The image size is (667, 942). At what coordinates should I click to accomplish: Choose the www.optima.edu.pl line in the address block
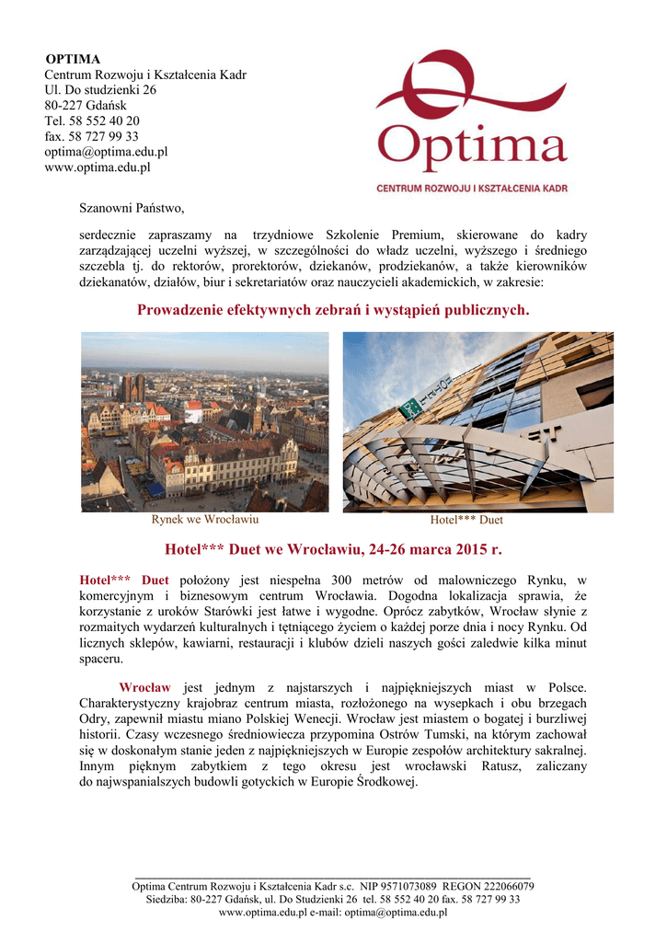[98, 167]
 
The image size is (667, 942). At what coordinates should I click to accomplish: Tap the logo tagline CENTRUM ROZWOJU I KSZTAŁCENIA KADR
[471, 188]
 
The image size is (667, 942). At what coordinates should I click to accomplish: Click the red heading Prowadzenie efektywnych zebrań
[333, 311]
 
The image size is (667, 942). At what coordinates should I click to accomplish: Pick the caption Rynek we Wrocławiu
[204, 520]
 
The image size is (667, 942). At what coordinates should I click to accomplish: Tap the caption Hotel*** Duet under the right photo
[466, 520]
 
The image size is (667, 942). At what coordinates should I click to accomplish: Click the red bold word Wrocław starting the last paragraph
[144, 687]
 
